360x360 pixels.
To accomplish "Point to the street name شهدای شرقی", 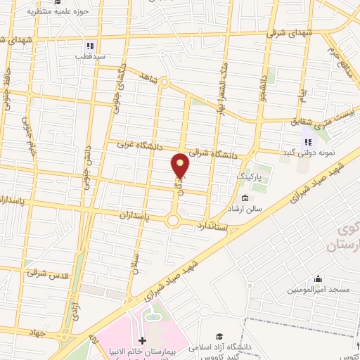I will tap(290, 32).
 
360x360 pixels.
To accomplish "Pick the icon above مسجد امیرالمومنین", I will tap(318, 278).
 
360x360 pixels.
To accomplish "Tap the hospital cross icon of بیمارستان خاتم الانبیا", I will tap(143, 340).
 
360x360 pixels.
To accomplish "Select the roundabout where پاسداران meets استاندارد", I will tap(173, 221).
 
